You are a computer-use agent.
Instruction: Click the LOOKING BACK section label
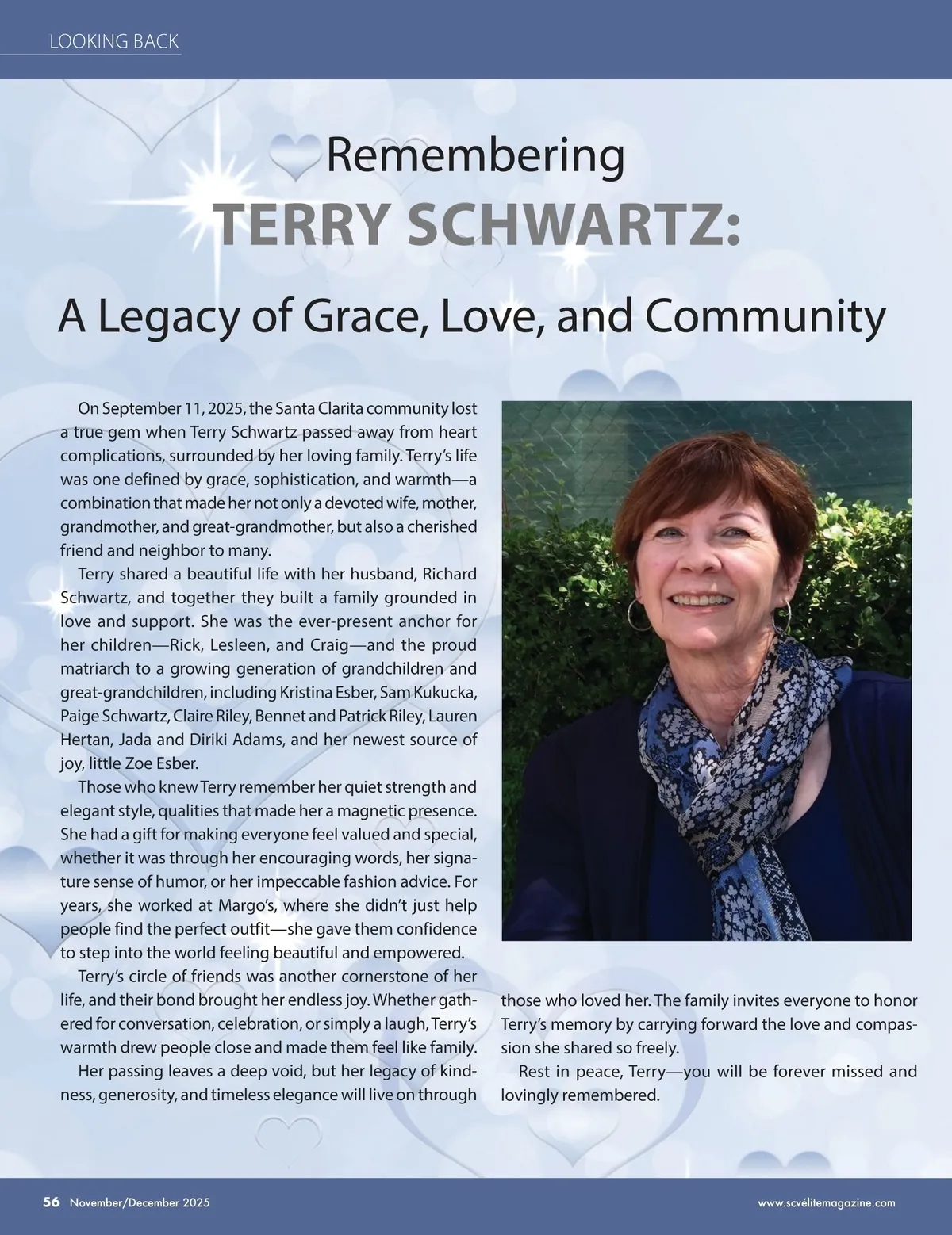(x=114, y=41)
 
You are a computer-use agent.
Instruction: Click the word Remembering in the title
(x=475, y=155)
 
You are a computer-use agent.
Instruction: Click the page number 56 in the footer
(x=52, y=1202)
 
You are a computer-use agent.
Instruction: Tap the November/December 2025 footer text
(x=139, y=1202)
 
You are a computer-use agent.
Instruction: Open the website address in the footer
(x=827, y=1202)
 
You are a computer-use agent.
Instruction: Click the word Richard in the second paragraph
(x=449, y=574)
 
